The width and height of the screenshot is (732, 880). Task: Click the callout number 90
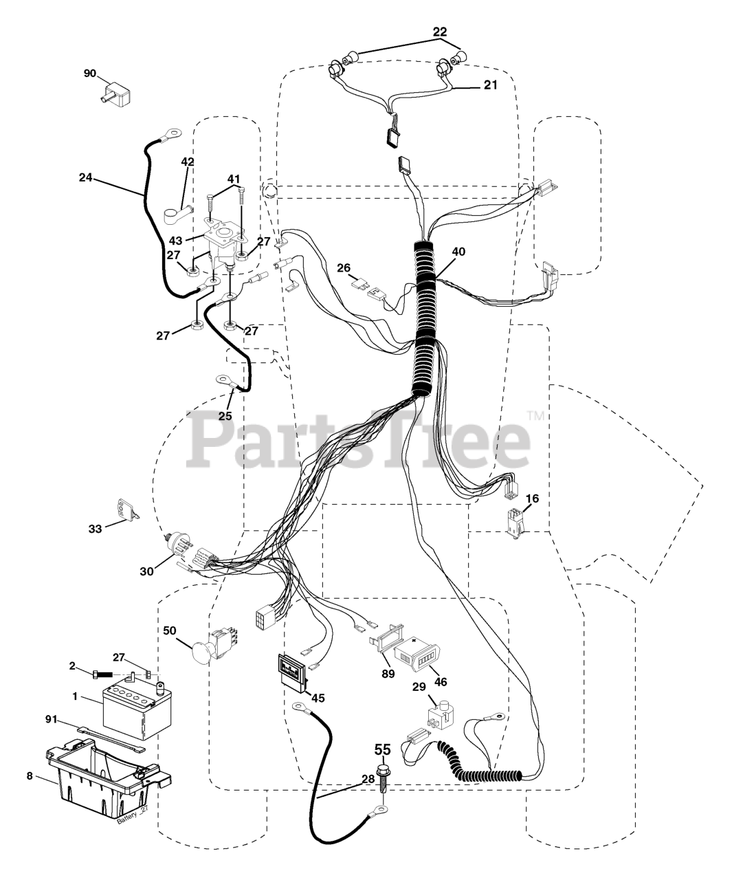pos(89,73)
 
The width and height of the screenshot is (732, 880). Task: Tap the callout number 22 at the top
pos(439,32)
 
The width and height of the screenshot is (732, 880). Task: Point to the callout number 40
pos(458,252)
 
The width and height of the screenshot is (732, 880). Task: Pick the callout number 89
pos(388,674)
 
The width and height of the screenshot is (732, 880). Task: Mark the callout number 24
pos(85,177)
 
